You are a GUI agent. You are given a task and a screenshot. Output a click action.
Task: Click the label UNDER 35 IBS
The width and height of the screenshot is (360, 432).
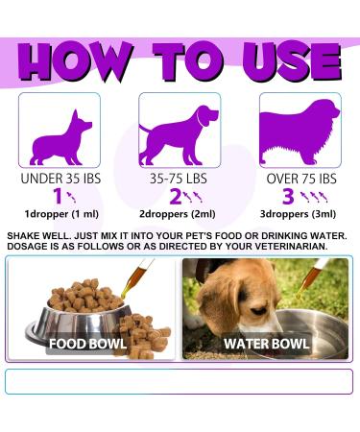click(59, 179)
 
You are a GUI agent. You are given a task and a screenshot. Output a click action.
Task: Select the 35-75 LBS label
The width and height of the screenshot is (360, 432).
click(180, 179)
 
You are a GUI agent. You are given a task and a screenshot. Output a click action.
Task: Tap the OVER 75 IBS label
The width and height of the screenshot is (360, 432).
click(300, 179)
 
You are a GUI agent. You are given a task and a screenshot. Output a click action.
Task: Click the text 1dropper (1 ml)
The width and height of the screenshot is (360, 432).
click(59, 217)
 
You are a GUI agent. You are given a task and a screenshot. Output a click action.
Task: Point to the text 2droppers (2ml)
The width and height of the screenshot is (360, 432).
click(180, 217)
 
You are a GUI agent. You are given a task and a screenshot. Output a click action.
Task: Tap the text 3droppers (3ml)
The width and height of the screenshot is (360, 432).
click(300, 217)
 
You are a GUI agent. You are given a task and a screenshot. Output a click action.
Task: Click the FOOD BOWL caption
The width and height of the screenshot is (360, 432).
click(91, 343)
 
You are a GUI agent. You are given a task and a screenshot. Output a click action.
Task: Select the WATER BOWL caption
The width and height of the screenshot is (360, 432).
click(265, 343)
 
